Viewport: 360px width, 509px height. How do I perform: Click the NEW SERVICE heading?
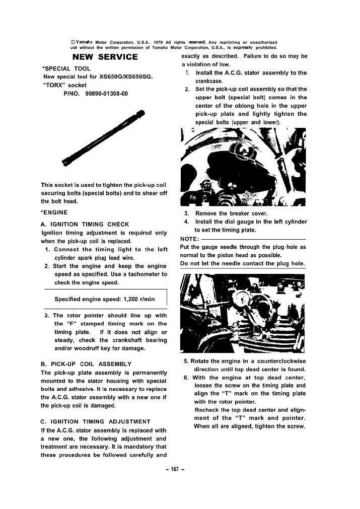tap(105, 56)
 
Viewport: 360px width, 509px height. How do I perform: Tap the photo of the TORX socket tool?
tap(106, 136)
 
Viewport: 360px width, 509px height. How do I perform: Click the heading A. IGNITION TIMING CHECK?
tap(84, 224)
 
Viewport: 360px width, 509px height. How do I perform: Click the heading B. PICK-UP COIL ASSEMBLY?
tap(85, 363)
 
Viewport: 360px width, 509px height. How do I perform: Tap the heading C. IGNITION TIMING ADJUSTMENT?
tap(95, 421)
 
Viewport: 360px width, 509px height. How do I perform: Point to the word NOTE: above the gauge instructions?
tap(190, 239)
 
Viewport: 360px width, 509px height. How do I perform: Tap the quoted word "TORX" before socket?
tap(52, 85)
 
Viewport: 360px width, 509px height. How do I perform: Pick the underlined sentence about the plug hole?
tap(243, 263)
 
